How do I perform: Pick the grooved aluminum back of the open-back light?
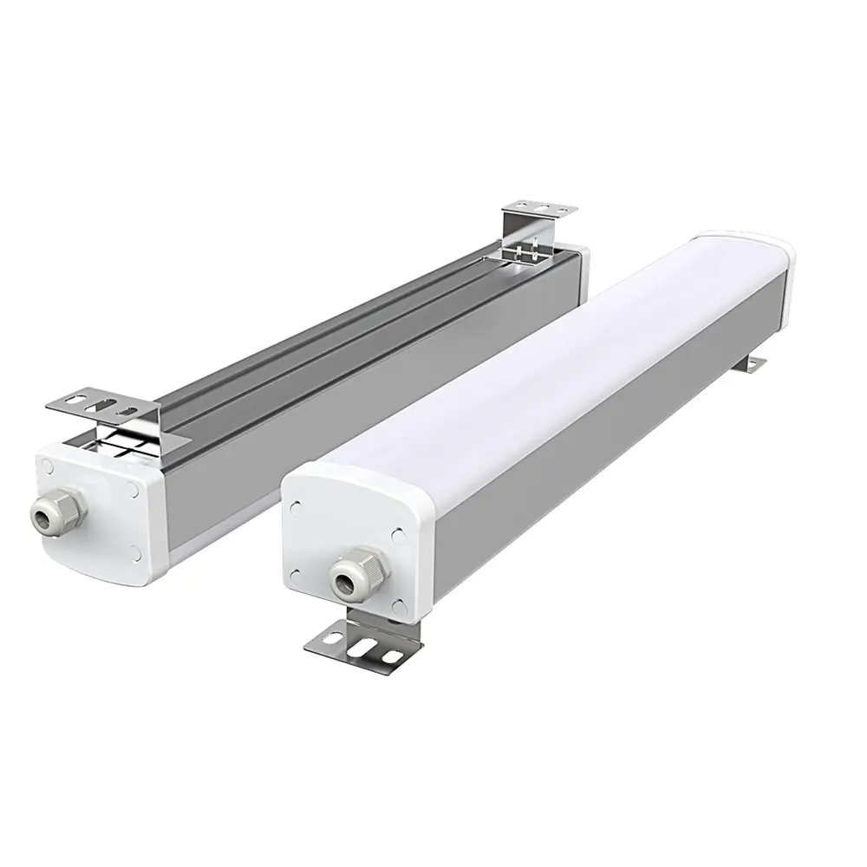(x=347, y=338)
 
